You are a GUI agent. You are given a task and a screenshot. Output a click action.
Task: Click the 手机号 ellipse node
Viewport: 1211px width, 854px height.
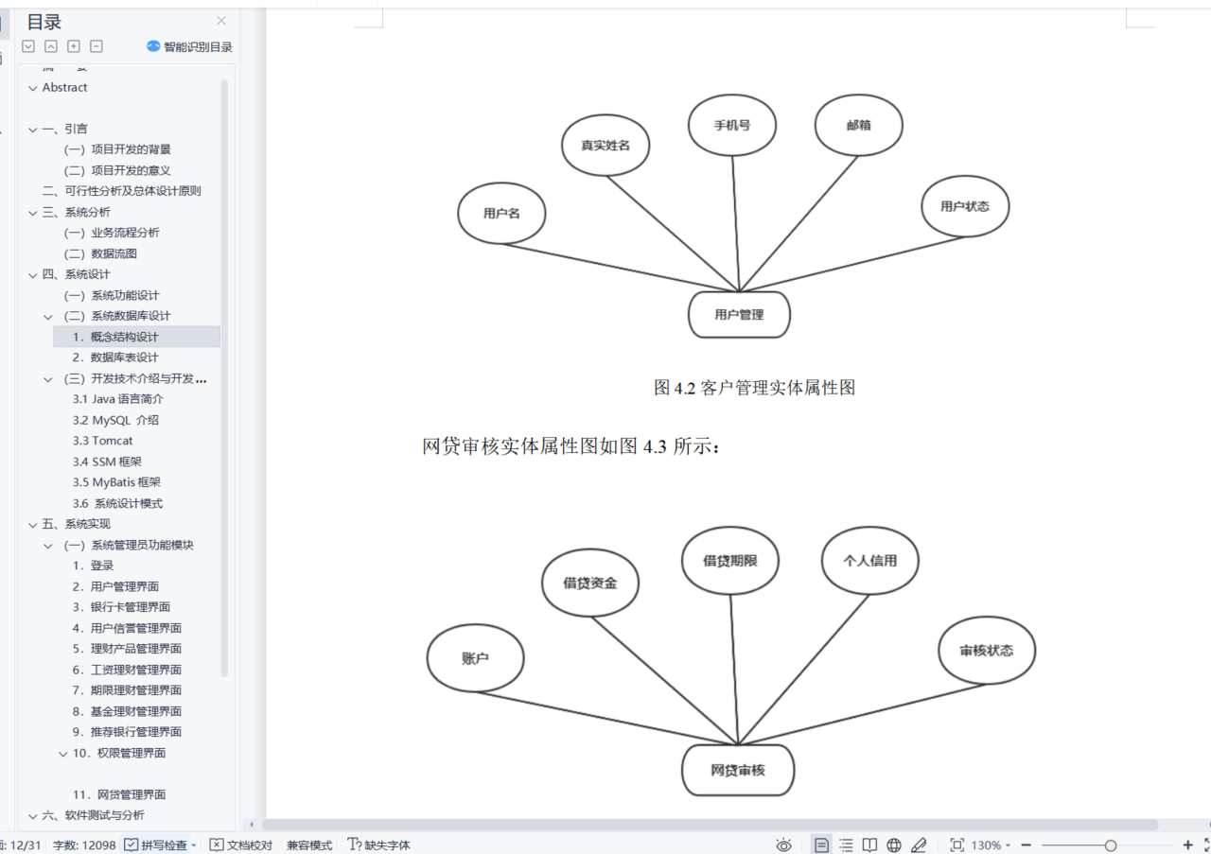pos(732,125)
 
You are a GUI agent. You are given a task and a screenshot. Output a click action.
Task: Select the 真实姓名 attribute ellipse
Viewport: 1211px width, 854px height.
pos(605,146)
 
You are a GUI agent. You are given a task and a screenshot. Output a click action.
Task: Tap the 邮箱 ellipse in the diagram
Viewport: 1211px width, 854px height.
pos(858,125)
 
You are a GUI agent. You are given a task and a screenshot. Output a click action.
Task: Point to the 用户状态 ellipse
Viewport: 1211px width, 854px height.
pos(964,206)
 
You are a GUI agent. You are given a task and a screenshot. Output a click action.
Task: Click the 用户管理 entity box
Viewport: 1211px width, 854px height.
pos(739,315)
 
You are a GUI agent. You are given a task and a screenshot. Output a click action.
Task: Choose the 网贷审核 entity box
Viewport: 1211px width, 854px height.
pos(738,770)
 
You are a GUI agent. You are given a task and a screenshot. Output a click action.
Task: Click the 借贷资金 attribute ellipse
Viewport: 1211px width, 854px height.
pos(589,584)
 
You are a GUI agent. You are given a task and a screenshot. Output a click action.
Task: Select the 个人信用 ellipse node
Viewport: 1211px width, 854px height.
pos(869,560)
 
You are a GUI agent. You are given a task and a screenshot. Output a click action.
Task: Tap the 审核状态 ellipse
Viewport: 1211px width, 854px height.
pos(986,651)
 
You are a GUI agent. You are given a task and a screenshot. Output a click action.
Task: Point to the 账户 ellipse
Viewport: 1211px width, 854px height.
pos(475,658)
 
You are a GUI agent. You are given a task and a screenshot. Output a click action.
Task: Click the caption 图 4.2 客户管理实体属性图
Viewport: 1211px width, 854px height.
pos(754,388)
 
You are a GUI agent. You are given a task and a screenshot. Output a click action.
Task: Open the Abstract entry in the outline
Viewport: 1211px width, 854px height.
pos(64,88)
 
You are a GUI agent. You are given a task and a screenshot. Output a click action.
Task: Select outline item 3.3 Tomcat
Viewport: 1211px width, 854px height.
pos(103,441)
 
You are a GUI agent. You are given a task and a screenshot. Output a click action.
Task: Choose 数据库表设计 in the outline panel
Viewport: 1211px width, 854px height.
pos(124,357)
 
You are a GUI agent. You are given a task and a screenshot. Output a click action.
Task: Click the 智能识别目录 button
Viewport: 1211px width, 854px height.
pos(190,46)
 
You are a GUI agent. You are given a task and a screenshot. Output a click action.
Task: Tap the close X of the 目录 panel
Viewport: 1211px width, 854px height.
pos(221,21)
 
